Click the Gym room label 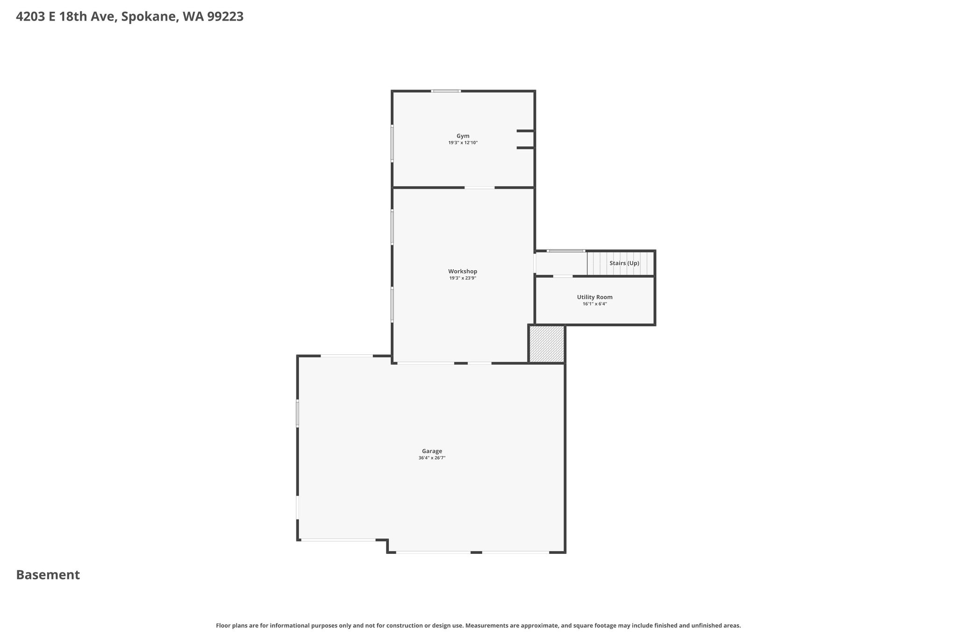[x=463, y=136]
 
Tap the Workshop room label [x=463, y=271]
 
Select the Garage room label [x=432, y=451]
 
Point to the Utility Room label [x=595, y=297]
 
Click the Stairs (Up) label [x=624, y=263]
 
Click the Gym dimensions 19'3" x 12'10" [x=463, y=143]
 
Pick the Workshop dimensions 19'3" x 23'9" [x=463, y=278]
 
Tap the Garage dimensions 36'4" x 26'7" [x=432, y=458]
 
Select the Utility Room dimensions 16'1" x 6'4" [x=595, y=304]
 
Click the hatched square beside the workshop [x=547, y=344]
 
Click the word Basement [x=48, y=575]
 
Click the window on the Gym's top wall [x=446, y=91]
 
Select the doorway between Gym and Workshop [x=479, y=188]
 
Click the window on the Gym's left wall [x=392, y=143]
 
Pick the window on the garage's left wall [x=297, y=413]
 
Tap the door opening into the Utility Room [x=563, y=276]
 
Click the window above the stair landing [x=566, y=251]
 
